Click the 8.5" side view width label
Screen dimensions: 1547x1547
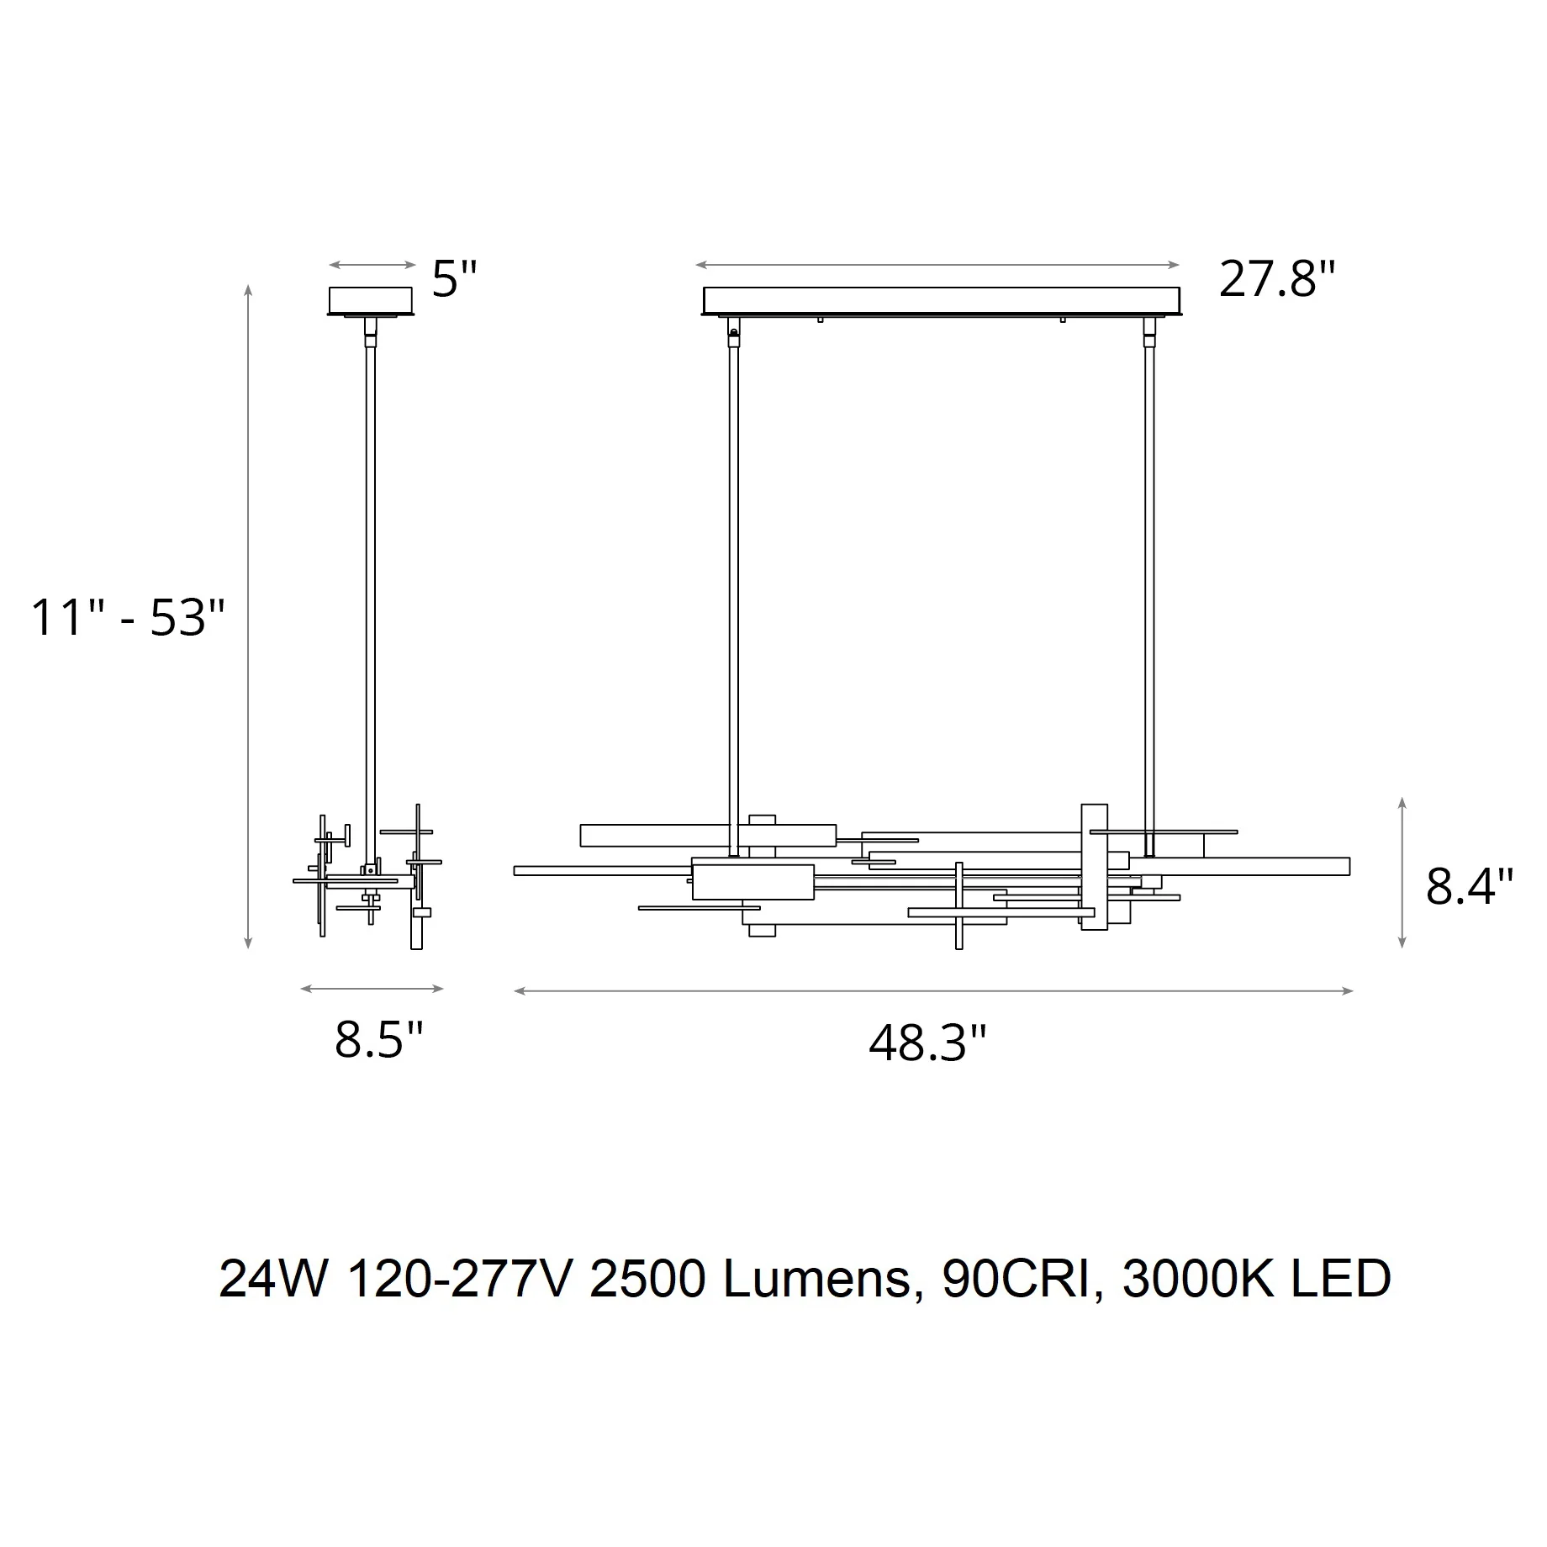[378, 1040]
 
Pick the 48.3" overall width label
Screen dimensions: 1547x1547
[927, 1044]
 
